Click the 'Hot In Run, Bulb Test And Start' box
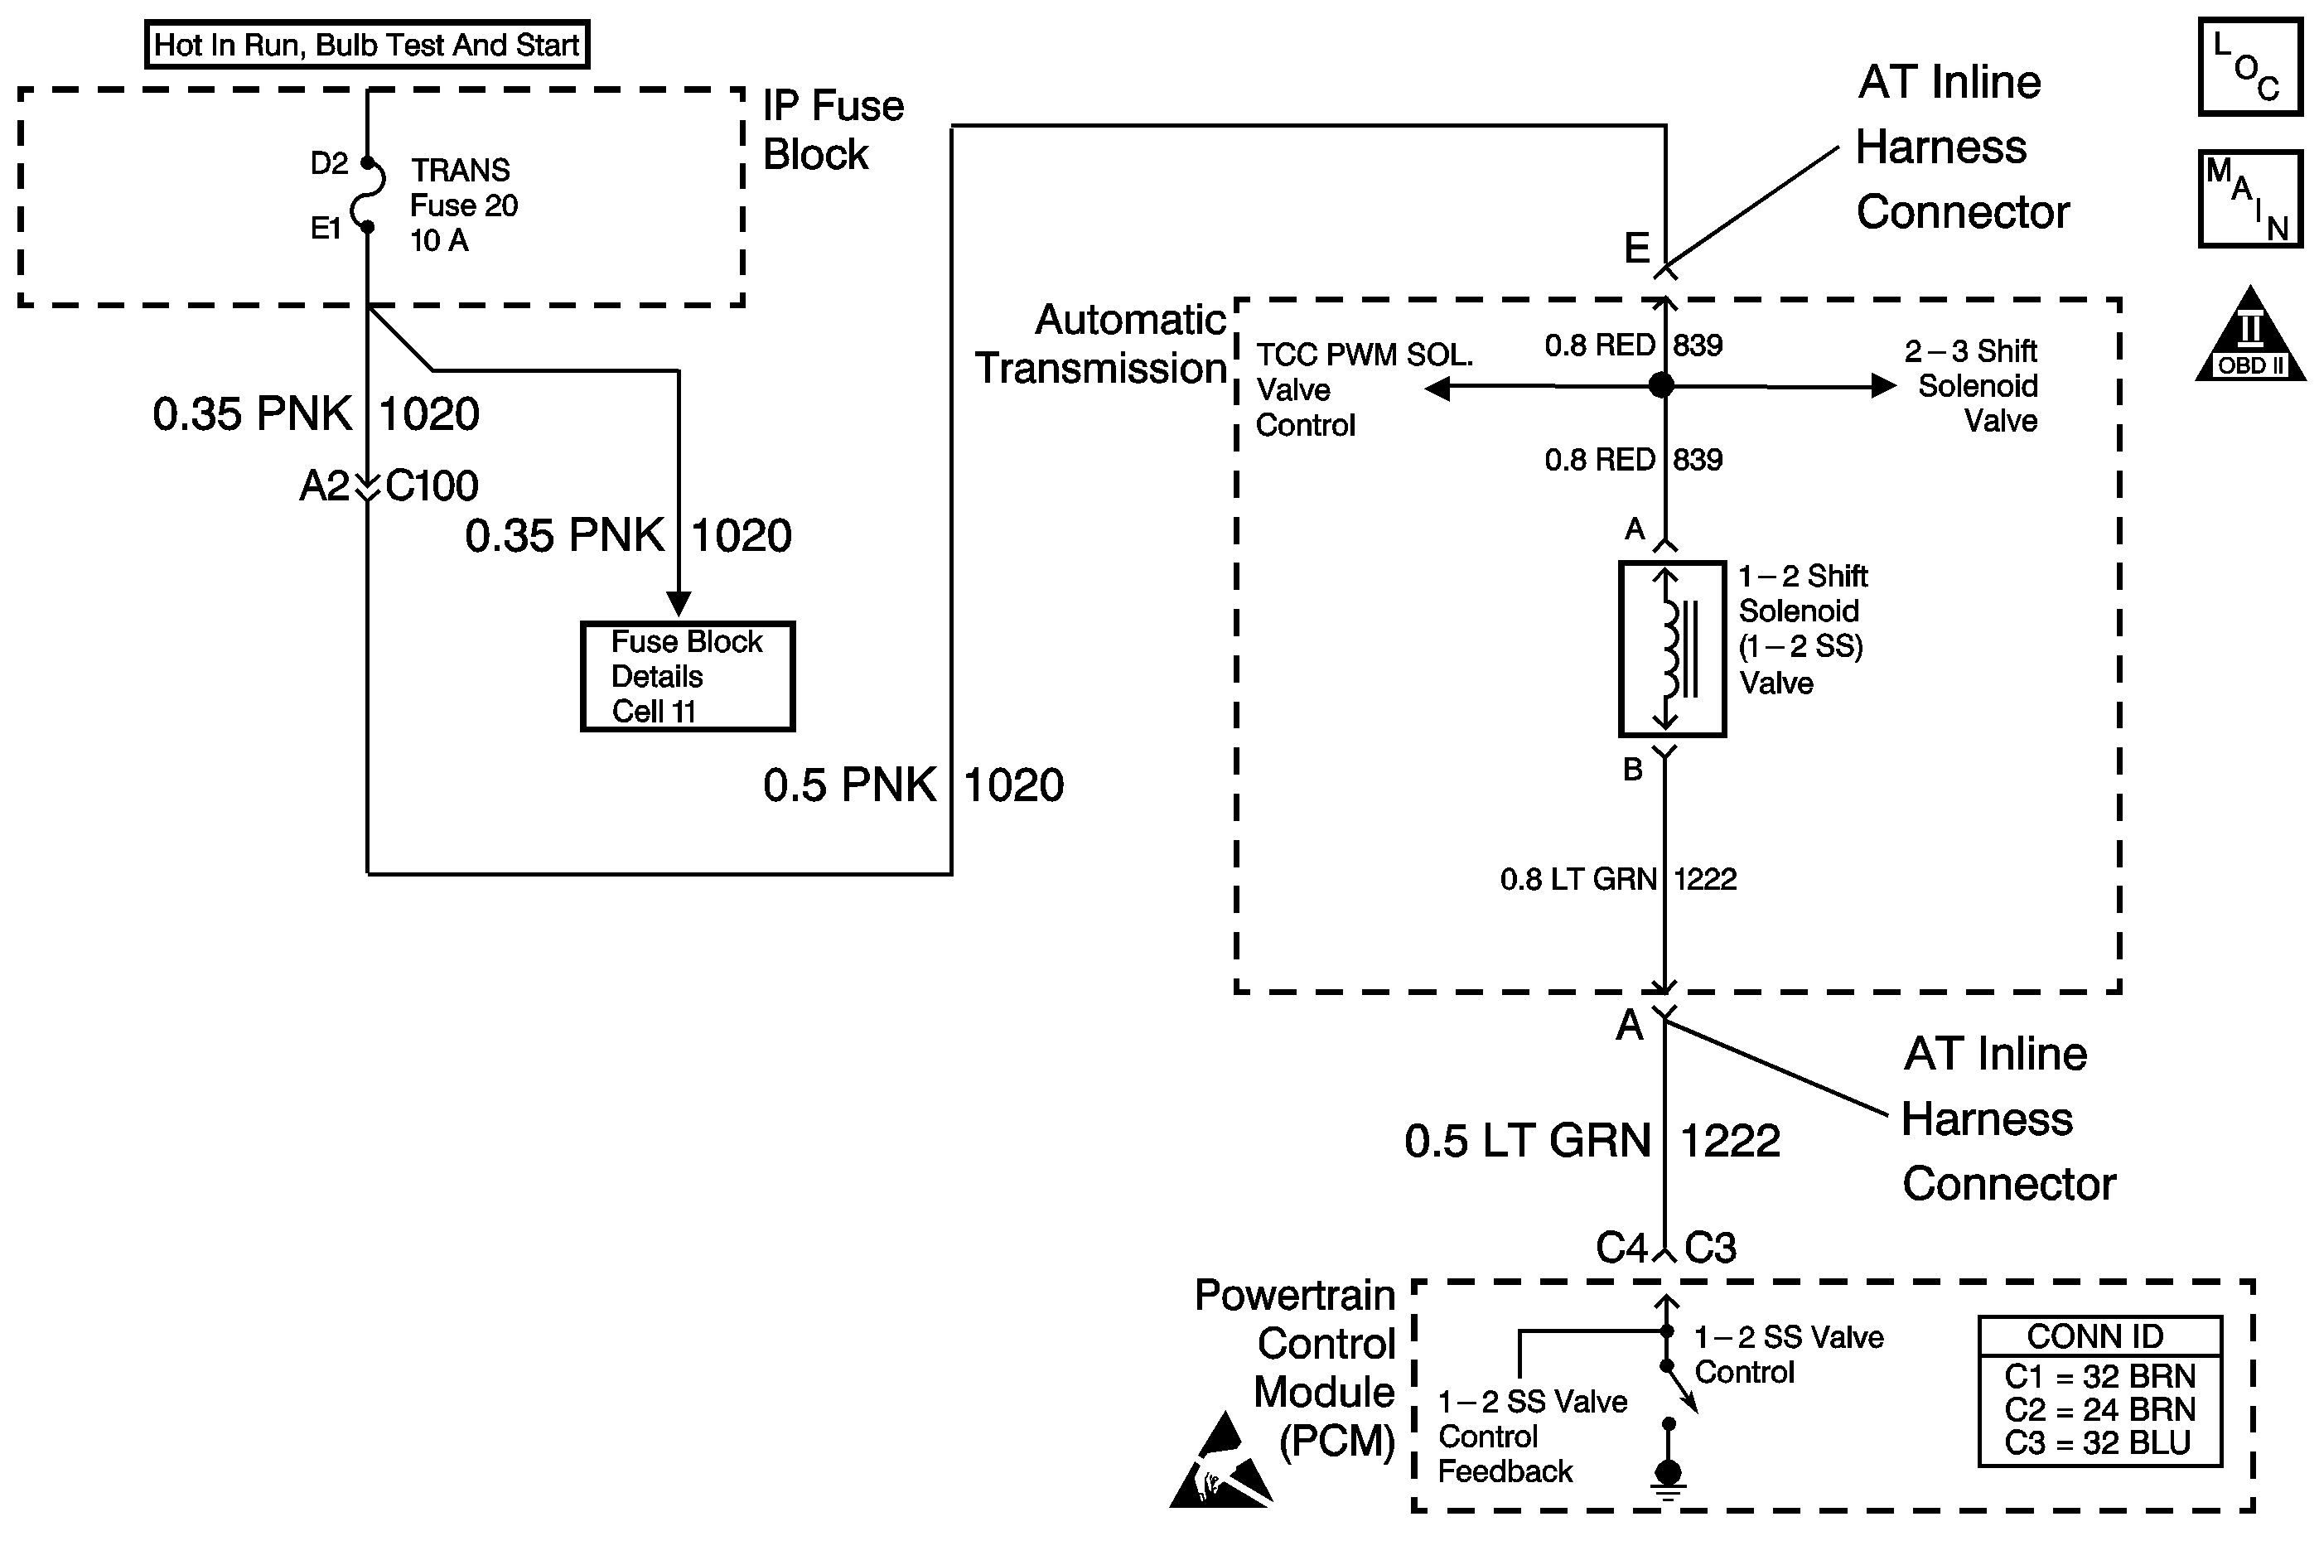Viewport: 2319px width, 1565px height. [367, 45]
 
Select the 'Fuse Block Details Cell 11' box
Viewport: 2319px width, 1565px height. [688, 677]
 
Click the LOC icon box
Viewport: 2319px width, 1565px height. [2250, 66]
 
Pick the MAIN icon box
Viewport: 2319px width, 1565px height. [2250, 199]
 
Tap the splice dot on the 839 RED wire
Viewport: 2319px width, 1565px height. [1661, 385]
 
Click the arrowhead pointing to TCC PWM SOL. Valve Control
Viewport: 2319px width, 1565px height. [1437, 389]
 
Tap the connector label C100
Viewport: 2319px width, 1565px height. [432, 486]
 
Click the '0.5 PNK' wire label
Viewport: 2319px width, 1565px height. [849, 785]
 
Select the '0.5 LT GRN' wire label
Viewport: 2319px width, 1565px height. [1527, 1141]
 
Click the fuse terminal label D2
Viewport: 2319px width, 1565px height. [329, 162]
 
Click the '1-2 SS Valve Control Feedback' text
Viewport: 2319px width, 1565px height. [1532, 1437]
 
